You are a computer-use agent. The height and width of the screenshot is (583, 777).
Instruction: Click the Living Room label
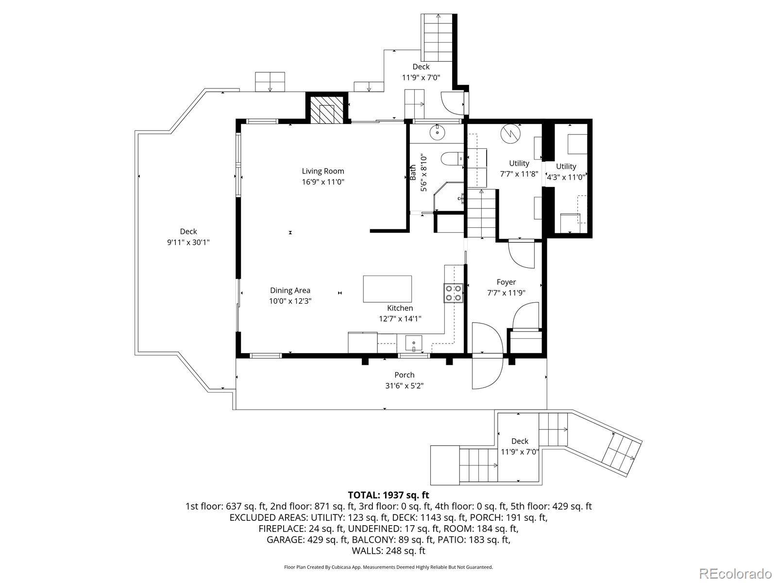(x=323, y=171)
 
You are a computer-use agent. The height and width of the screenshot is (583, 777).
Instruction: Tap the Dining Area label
(x=290, y=290)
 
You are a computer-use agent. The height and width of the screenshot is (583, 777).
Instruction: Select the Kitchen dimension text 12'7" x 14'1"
(x=400, y=319)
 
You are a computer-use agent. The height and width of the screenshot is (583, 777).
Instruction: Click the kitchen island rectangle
(x=387, y=289)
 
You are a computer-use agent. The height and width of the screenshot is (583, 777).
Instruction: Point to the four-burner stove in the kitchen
(x=454, y=293)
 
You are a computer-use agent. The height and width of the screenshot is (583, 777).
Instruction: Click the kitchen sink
(x=413, y=343)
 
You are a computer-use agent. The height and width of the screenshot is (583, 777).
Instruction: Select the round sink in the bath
(x=438, y=133)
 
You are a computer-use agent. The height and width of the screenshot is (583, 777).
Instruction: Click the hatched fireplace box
(x=326, y=110)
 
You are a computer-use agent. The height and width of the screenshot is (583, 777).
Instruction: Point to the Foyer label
(x=506, y=282)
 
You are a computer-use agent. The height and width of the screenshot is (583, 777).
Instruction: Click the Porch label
(x=404, y=375)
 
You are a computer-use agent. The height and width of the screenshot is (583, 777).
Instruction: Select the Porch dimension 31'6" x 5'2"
(x=404, y=385)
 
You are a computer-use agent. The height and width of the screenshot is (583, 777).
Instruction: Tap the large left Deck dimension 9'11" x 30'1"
(x=188, y=242)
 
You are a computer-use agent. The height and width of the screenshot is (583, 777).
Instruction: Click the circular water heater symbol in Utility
(x=510, y=134)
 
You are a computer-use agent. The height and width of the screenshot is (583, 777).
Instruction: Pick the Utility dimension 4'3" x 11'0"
(x=566, y=177)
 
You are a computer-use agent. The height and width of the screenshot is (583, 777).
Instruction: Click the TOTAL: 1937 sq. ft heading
(x=388, y=495)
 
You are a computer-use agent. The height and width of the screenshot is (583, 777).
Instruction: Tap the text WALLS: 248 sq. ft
(x=388, y=551)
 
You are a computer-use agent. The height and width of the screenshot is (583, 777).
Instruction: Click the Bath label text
(x=413, y=173)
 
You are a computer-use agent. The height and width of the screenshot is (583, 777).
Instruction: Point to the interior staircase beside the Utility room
(x=481, y=213)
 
